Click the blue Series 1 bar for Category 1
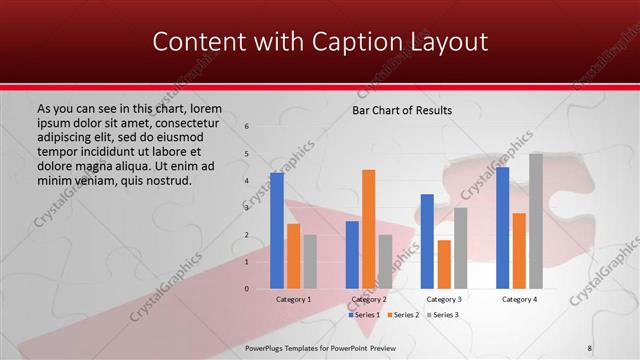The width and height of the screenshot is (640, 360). [277, 231]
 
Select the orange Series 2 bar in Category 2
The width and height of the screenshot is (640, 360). [369, 229]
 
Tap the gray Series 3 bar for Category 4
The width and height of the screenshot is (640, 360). [536, 221]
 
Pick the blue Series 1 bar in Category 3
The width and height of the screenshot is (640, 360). [427, 241]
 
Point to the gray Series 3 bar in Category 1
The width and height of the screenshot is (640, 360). [310, 261]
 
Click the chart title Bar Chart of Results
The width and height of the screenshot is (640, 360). [402, 110]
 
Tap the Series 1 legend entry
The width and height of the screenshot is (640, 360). [365, 315]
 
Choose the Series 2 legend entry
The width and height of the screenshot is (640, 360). [403, 315]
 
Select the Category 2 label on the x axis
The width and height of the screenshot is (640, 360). [368, 299]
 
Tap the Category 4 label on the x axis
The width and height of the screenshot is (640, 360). [519, 299]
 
